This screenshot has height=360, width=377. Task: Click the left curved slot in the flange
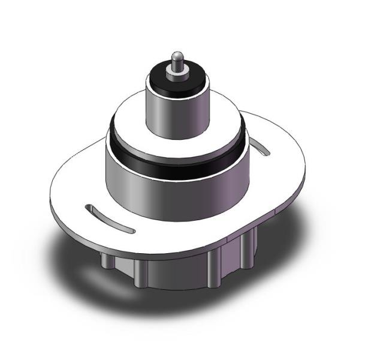pyautogui.click(x=109, y=218)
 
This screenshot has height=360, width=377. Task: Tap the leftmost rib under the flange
pyautogui.click(x=105, y=260)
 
